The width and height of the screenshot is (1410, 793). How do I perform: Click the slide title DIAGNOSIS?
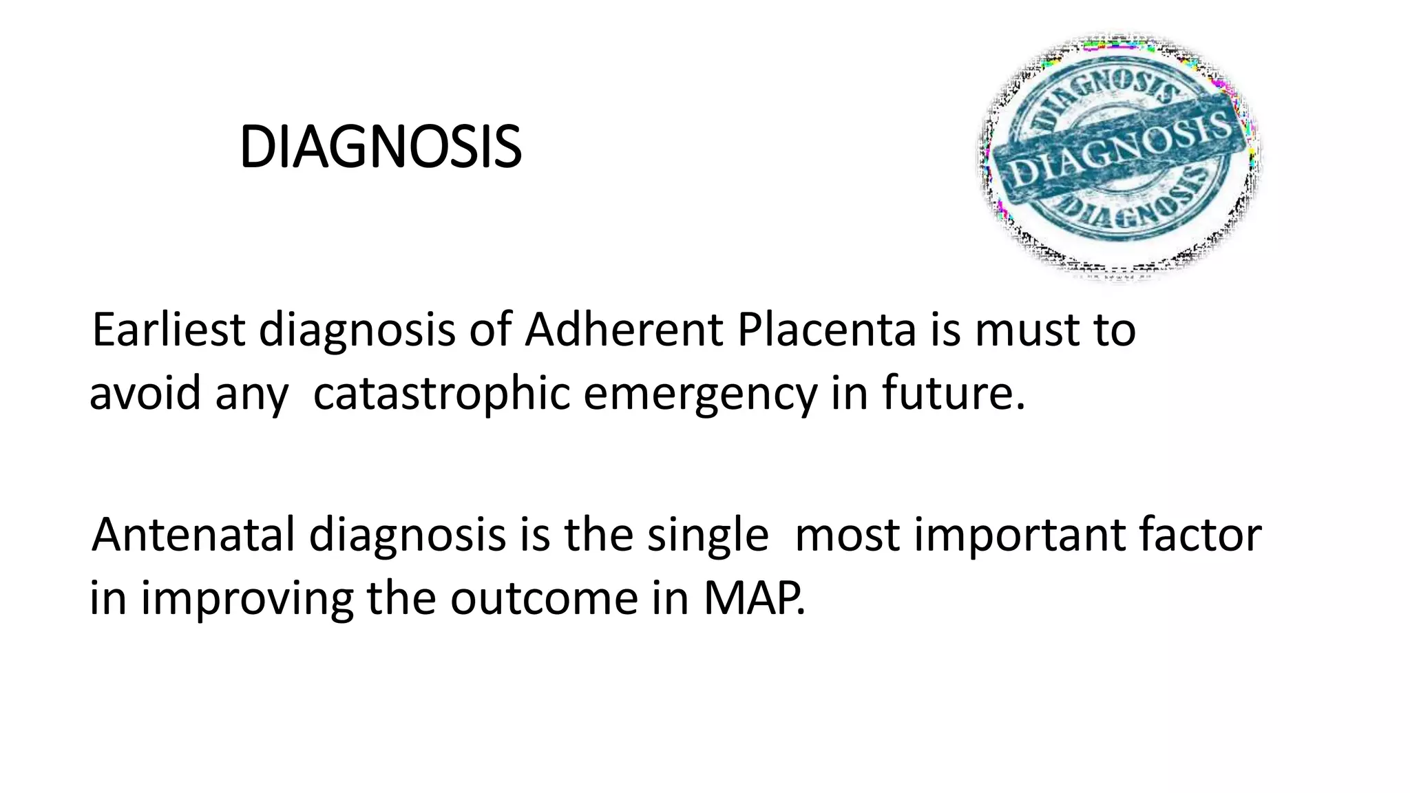click(x=380, y=147)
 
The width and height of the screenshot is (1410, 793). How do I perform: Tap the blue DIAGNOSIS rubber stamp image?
click(x=1119, y=157)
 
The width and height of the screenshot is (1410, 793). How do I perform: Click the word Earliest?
click(x=168, y=330)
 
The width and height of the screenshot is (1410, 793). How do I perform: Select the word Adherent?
click(x=623, y=330)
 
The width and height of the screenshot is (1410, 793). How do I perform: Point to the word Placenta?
click(x=826, y=330)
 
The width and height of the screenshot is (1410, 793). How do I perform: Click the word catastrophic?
click(x=441, y=394)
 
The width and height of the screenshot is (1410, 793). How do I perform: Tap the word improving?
click(x=247, y=598)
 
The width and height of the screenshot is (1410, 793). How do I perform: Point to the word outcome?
click(x=544, y=598)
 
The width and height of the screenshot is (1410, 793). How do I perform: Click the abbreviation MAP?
click(x=753, y=598)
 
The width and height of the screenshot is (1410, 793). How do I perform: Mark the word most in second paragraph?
click(x=847, y=534)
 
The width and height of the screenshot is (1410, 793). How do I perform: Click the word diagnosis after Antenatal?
click(x=407, y=534)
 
